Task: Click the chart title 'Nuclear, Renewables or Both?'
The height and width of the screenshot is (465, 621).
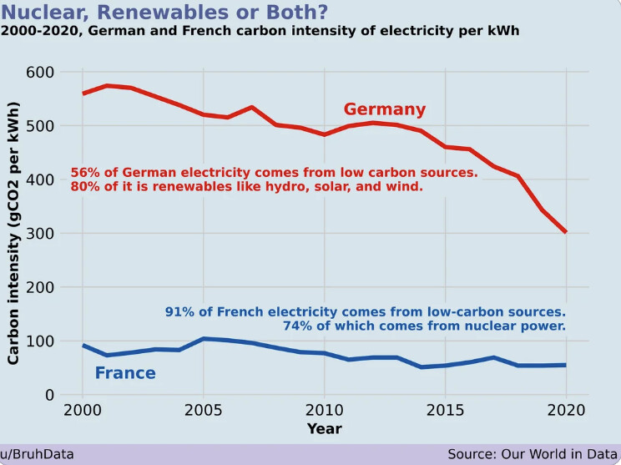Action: [164, 13]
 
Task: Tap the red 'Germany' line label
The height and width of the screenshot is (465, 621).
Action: [385, 109]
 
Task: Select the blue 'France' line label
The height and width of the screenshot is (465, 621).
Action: [125, 372]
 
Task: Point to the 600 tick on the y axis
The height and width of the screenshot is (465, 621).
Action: [39, 73]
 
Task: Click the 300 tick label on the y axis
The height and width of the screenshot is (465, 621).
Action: [39, 234]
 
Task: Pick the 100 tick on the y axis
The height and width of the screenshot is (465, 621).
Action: [39, 341]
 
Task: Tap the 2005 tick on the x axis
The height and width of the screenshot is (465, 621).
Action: [204, 412]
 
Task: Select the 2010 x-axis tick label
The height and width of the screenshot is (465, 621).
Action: [324, 412]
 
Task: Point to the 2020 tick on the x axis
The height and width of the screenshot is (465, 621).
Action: [565, 412]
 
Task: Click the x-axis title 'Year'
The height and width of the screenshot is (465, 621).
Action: [324, 428]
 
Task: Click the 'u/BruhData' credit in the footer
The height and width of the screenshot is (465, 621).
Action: [38, 454]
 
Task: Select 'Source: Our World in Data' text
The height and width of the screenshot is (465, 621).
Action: [531, 454]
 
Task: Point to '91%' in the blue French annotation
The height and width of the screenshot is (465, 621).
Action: [180, 312]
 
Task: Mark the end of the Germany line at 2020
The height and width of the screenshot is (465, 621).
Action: [565, 232]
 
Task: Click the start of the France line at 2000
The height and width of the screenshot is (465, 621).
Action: [83, 346]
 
